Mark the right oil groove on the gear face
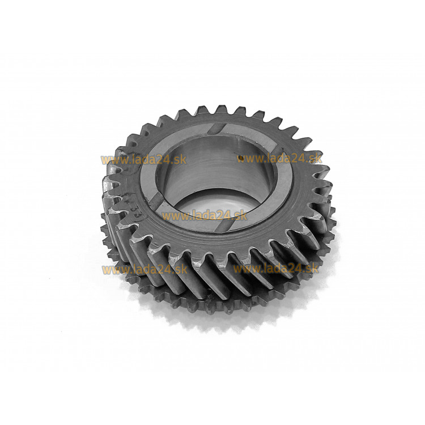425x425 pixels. [x=277, y=151]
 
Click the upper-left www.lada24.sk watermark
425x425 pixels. [x=144, y=160]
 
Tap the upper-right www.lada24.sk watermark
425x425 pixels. [x=279, y=158]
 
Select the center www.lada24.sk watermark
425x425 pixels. [x=205, y=216]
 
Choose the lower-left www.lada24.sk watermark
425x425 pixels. [x=144, y=270]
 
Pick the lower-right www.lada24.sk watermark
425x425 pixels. [x=276, y=269]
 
